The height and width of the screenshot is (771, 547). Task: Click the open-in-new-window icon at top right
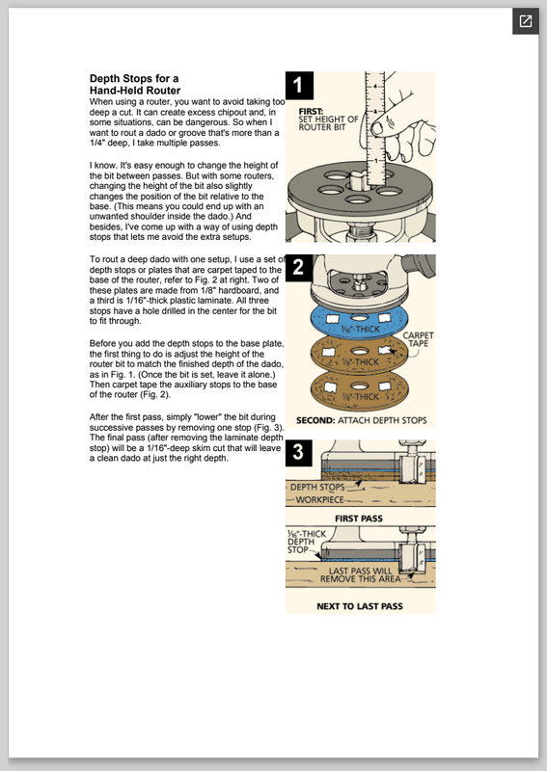pyautogui.click(x=526, y=21)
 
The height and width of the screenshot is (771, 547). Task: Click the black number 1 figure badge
pyautogui.click(x=299, y=86)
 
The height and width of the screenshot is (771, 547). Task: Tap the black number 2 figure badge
pyautogui.click(x=299, y=268)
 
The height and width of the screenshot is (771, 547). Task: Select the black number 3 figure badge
pyautogui.click(x=299, y=453)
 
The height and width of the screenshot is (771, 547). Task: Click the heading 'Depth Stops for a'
pyautogui.click(x=134, y=79)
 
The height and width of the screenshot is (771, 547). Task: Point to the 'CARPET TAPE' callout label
pyautogui.click(x=418, y=339)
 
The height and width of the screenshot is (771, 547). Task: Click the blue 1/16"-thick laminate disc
pyautogui.click(x=360, y=321)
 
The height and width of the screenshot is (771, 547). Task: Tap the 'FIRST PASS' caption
pyautogui.click(x=359, y=518)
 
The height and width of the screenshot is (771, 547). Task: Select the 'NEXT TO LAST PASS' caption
pyautogui.click(x=360, y=606)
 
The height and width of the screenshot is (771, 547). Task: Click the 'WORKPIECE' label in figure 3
pyautogui.click(x=319, y=499)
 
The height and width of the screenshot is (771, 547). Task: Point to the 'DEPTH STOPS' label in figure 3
pyautogui.click(x=317, y=488)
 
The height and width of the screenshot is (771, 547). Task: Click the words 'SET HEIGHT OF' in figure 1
pyautogui.click(x=328, y=120)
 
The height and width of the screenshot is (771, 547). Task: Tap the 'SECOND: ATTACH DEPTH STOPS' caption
pyautogui.click(x=362, y=420)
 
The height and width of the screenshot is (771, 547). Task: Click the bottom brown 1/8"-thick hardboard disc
pyautogui.click(x=360, y=391)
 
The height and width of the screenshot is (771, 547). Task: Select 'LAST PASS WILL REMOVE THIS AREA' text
pyautogui.click(x=361, y=574)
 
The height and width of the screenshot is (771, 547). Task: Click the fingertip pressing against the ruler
pyautogui.click(x=377, y=129)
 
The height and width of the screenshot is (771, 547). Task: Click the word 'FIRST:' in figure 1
pyautogui.click(x=311, y=112)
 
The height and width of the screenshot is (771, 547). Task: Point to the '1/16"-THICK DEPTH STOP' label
pyautogui.click(x=307, y=542)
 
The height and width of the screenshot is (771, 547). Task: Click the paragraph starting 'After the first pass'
pyautogui.click(x=186, y=438)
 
